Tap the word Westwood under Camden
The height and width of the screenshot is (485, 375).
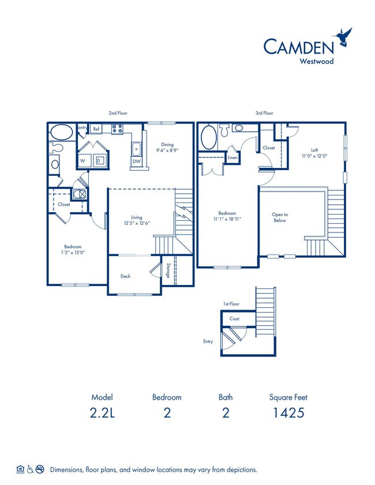(x=316, y=59)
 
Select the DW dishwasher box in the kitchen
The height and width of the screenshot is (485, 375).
(x=136, y=161)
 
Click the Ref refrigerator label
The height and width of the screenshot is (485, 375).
(x=96, y=129)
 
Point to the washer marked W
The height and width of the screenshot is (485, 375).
(x=82, y=160)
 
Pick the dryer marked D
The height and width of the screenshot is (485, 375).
(x=99, y=160)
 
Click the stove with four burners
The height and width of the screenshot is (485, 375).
(x=117, y=129)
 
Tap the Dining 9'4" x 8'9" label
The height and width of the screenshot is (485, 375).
(x=167, y=148)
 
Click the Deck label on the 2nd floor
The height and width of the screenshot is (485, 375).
(x=125, y=276)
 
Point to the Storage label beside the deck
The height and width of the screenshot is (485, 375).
(x=168, y=271)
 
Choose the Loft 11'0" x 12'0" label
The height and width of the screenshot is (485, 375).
(x=313, y=152)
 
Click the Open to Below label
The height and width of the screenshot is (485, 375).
(x=279, y=217)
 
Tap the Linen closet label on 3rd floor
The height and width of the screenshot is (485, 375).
(x=232, y=157)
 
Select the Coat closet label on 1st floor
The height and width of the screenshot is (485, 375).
(x=234, y=318)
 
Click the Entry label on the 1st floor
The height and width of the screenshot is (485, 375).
(x=208, y=341)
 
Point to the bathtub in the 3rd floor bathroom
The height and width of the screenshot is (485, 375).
(x=208, y=138)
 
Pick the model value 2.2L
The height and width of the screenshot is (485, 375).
(x=102, y=413)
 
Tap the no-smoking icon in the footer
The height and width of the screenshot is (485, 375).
(x=40, y=469)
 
